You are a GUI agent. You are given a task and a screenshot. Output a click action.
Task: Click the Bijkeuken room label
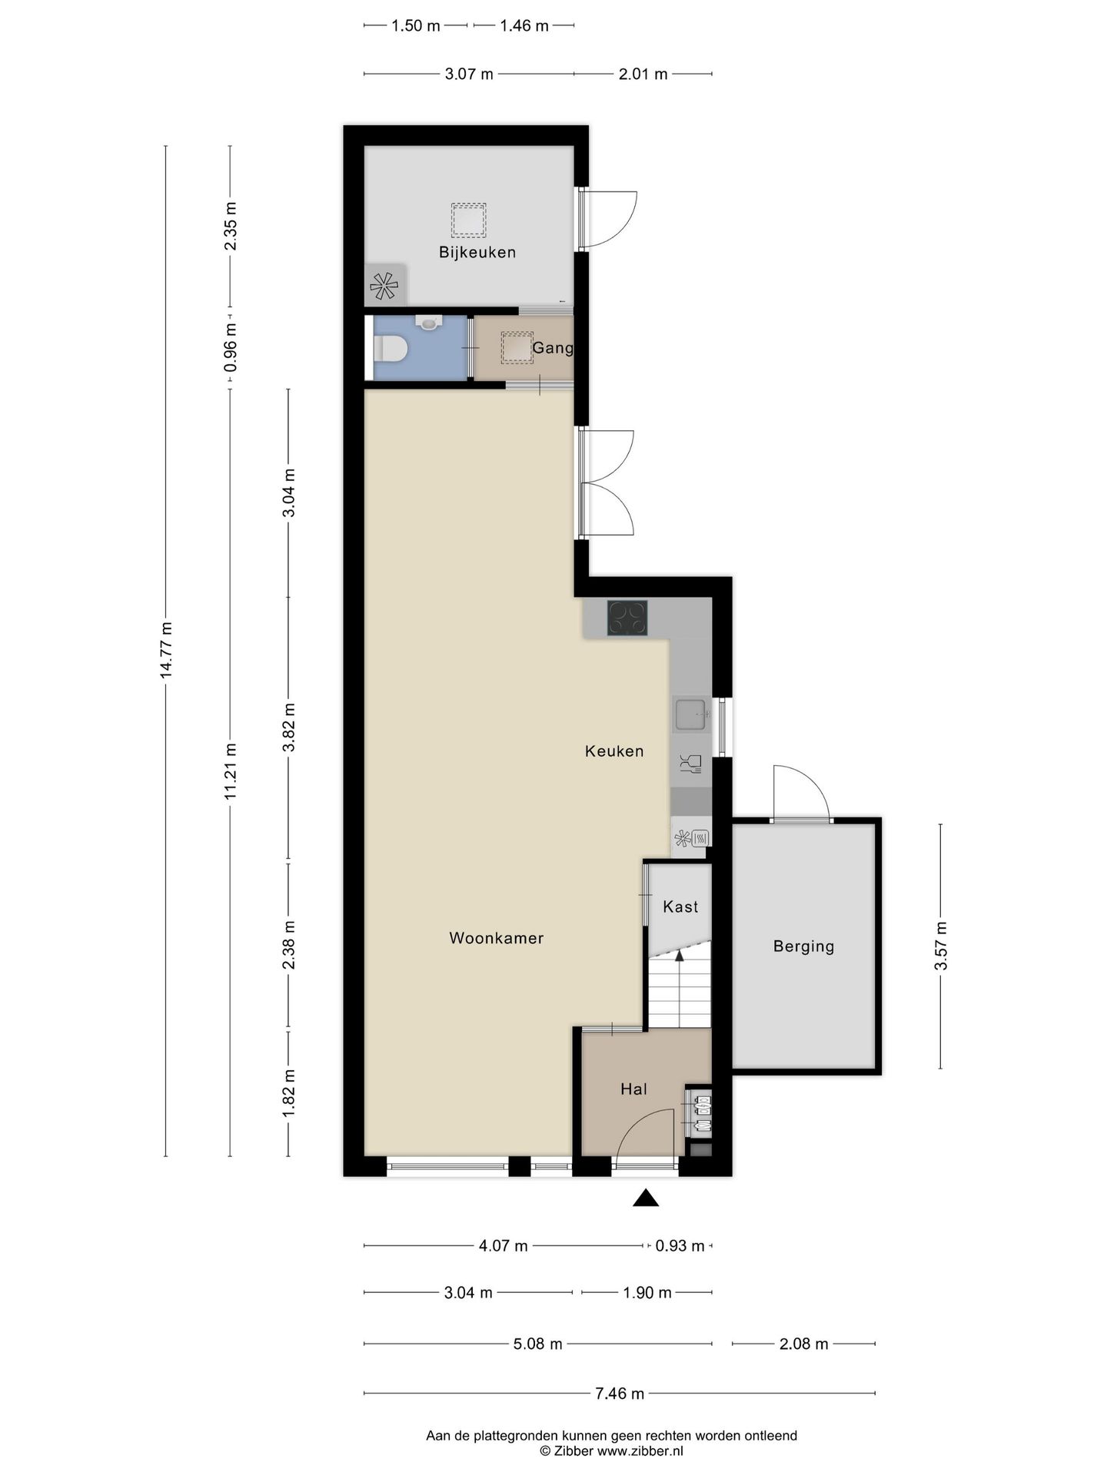coord(477,253)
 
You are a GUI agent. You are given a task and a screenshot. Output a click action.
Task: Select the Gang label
coord(553,349)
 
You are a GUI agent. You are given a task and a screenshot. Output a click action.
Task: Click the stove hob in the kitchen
coord(627,618)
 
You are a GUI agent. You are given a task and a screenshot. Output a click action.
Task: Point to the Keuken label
coord(614,751)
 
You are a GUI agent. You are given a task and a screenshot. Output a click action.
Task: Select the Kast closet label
coord(680,907)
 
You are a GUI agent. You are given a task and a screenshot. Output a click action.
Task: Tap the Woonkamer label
coord(497,938)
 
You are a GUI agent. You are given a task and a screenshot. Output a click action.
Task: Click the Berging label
coord(803,946)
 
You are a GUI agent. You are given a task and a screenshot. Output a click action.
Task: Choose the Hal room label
coord(634,1089)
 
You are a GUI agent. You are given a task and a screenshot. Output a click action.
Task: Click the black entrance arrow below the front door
coord(646,1198)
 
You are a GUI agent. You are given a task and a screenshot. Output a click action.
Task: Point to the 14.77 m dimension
coord(166,650)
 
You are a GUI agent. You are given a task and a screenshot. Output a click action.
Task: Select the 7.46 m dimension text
coord(620,1393)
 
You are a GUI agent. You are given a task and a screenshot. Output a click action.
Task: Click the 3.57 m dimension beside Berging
coord(941,946)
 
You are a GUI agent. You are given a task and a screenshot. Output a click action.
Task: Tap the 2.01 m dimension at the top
coord(643,75)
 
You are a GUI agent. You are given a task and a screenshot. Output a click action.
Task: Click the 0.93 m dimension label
coord(680,1246)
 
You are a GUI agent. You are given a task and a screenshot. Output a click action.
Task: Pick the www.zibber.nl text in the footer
coord(640,1451)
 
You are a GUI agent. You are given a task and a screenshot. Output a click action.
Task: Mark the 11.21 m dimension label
coord(231,771)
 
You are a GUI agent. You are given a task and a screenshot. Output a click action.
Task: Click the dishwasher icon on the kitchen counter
coord(690,764)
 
